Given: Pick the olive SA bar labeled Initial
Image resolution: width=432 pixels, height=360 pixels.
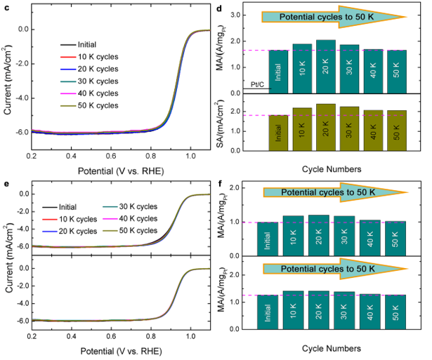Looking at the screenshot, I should pyautogui.click(x=278, y=133).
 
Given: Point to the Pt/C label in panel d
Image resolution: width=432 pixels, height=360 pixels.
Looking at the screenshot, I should pyautogui.click(x=258, y=84).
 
